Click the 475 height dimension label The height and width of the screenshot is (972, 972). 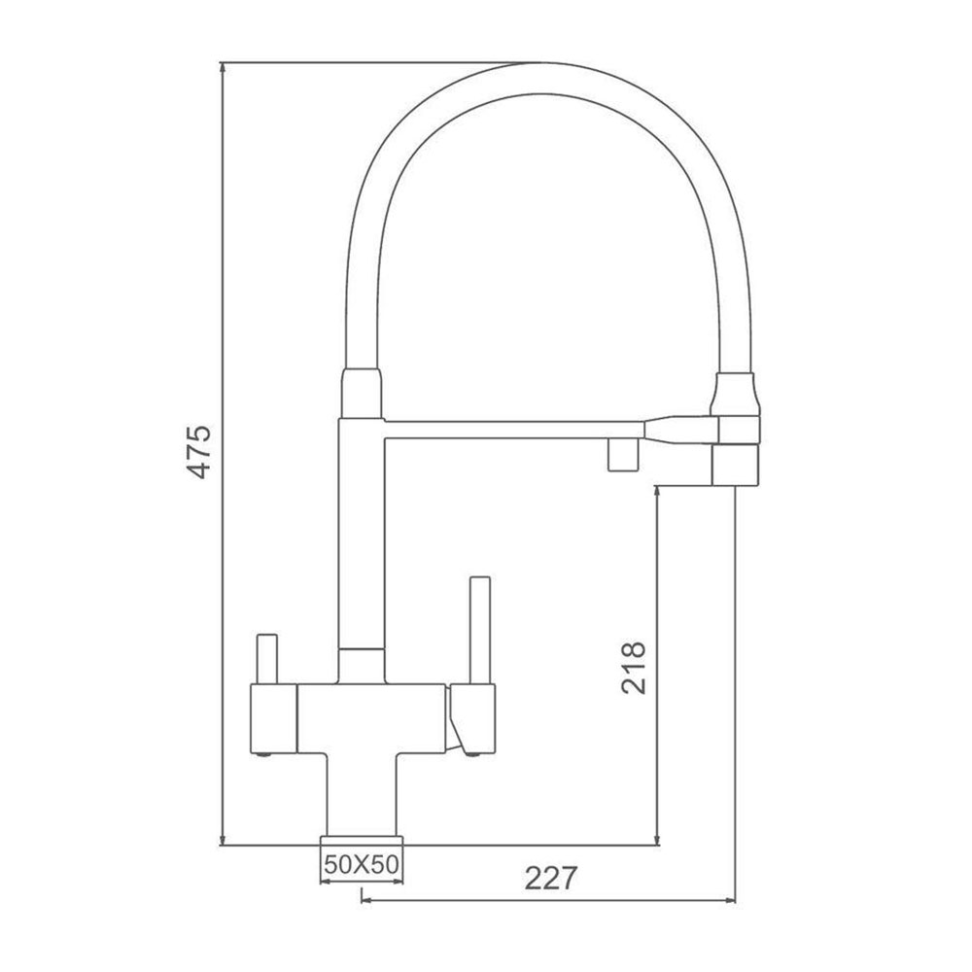[x=199, y=452]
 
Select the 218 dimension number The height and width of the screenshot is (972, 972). [x=633, y=669]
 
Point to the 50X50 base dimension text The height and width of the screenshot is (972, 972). [x=362, y=864]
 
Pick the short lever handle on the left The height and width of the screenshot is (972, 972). [x=266, y=659]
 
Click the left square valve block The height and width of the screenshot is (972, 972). [x=273, y=719]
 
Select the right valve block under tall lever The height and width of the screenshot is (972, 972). [x=472, y=719]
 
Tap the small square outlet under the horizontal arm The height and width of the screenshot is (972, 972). [x=624, y=454]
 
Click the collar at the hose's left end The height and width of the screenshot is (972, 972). [x=362, y=393]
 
